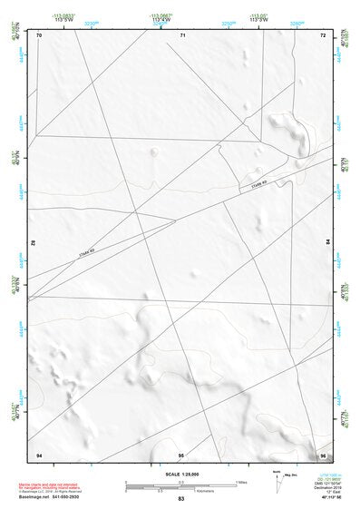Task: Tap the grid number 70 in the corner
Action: tap(39, 34)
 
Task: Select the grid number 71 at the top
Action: tap(182, 34)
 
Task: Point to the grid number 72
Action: tap(322, 34)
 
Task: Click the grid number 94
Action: tap(39, 454)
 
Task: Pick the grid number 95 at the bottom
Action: tap(181, 454)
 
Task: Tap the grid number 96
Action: tap(322, 454)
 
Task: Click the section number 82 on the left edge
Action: tap(34, 244)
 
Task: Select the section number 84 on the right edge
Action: tap(327, 244)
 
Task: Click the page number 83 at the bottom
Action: tap(181, 500)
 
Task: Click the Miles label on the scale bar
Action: tap(241, 481)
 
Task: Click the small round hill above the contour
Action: tap(154, 152)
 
